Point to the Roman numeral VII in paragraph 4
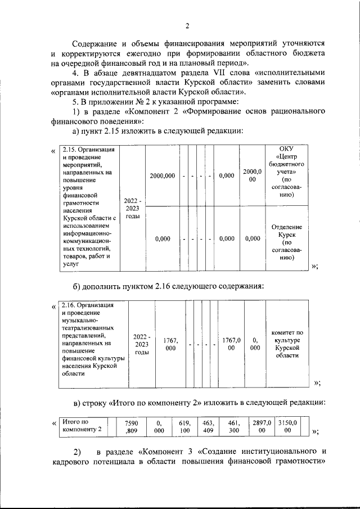point(218,73)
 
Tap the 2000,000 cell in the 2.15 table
point(162,176)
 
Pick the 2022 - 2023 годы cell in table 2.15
point(133,208)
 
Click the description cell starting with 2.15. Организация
point(89,206)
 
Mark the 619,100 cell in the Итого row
point(185,427)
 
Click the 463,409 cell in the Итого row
point(209,427)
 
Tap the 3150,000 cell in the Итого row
point(287,427)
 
